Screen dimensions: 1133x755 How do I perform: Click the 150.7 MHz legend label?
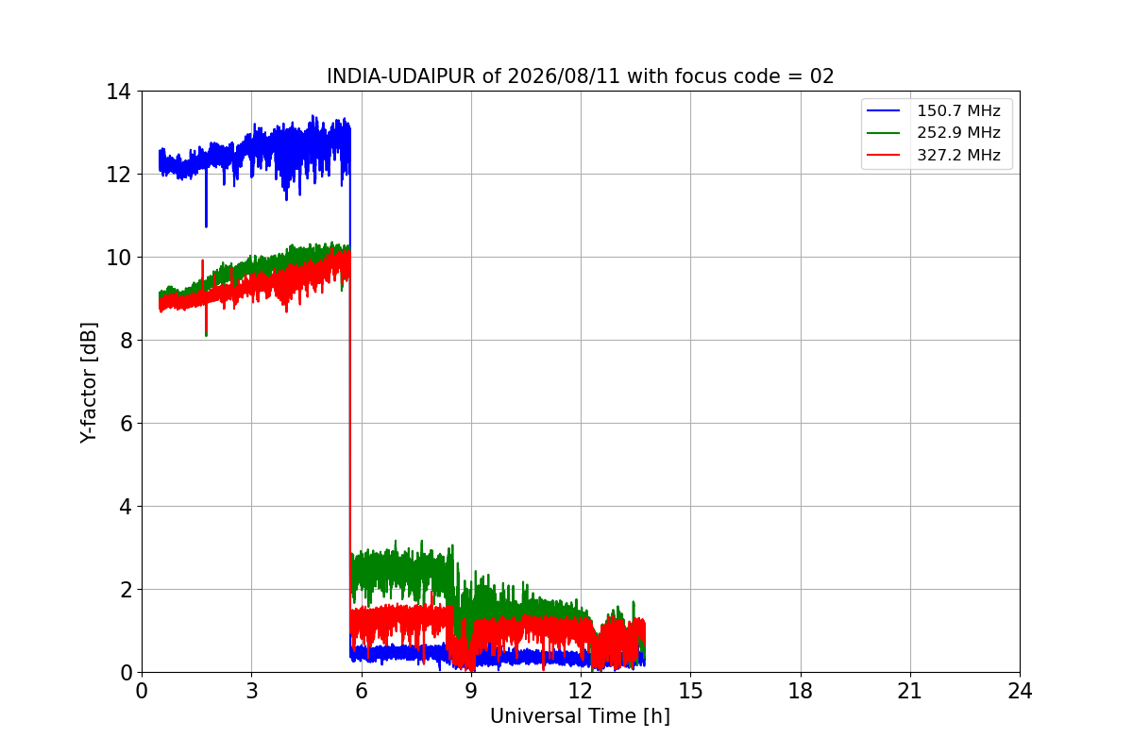[x=958, y=110]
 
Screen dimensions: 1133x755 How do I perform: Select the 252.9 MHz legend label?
[x=958, y=132]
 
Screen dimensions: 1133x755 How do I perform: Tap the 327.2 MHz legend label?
[x=958, y=155]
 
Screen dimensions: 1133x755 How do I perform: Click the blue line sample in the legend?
[x=883, y=110]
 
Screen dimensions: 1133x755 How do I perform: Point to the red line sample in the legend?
[x=883, y=155]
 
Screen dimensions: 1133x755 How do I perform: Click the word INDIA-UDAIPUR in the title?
[x=401, y=76]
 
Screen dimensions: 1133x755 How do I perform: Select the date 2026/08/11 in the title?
[x=564, y=76]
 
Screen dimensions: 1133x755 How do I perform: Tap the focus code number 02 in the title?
[x=821, y=76]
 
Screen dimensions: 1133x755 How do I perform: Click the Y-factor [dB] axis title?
[x=89, y=383]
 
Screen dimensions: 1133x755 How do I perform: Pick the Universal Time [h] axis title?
[x=580, y=716]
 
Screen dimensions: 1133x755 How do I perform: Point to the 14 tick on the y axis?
[x=118, y=92]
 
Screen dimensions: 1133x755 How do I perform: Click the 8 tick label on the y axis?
[x=126, y=341]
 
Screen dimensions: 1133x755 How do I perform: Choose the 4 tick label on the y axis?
[x=126, y=506]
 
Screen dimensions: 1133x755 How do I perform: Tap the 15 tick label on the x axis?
[x=690, y=691]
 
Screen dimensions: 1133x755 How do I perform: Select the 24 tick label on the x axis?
[x=1020, y=691]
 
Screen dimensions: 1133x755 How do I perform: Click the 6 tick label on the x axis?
[x=361, y=691]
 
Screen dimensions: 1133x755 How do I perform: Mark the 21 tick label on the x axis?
[x=910, y=691]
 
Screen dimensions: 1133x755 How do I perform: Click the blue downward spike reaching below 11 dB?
[x=206, y=200]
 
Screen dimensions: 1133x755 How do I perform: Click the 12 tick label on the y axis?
[x=118, y=175]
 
